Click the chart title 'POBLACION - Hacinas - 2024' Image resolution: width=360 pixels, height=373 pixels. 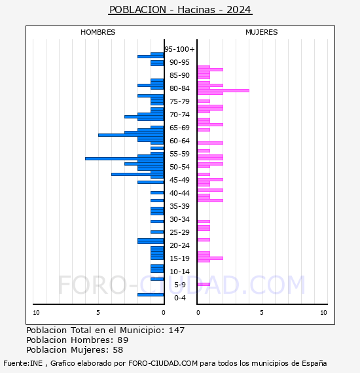click(180, 10)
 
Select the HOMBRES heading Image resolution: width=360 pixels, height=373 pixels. click(98, 32)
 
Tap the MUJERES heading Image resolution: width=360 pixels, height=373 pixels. click(262, 32)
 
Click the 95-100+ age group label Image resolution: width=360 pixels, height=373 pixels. click(179, 49)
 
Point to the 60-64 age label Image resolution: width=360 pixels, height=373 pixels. click(179, 141)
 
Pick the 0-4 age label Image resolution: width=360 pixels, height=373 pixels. click(180, 298)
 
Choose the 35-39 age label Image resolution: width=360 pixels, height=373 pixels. click(179, 206)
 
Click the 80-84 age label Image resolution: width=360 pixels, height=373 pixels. click(179, 88)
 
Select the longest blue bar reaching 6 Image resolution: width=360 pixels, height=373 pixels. click(124, 158)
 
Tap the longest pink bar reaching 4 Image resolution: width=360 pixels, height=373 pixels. click(223, 91)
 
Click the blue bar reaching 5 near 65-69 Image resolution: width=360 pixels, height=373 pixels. click(131, 135)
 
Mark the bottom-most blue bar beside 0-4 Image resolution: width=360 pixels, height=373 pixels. click(151, 295)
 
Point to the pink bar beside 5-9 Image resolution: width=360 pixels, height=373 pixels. click(204, 284)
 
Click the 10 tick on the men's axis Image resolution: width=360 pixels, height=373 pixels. click(36, 313)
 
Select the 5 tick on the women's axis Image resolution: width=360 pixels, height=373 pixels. click(262, 313)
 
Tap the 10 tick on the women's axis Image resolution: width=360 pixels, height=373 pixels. click(323, 313)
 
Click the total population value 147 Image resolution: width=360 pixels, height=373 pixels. click(176, 330)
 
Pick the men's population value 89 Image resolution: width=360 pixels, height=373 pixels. click(123, 340)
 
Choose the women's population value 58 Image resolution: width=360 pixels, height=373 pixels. click(118, 350)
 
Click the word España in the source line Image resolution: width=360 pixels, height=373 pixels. click(314, 363)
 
